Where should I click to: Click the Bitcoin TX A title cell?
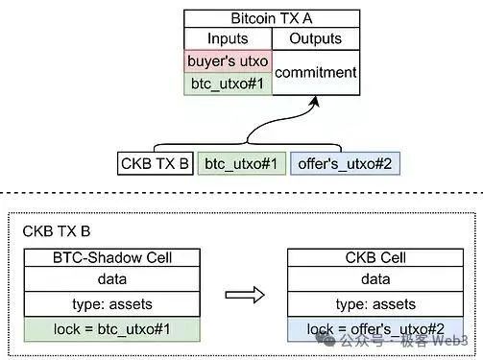(272, 18)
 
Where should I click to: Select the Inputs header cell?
(228, 38)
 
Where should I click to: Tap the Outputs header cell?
(316, 38)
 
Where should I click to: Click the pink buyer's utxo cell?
(228, 61)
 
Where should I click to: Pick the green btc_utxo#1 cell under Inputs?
(228, 84)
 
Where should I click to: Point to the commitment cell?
(316, 73)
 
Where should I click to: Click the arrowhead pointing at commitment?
(315, 101)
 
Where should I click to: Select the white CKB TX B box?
(156, 163)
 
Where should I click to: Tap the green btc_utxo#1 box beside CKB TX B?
(242, 163)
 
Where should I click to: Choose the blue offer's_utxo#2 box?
(345, 163)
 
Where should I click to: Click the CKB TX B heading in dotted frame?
(57, 231)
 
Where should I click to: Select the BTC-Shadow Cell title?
(112, 257)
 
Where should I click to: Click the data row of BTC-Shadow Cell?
(112, 279)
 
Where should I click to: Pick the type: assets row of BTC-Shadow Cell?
(112, 304)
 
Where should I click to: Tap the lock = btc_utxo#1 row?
(112, 329)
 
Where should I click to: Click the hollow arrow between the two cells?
(245, 295)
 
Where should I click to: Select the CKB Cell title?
(375, 257)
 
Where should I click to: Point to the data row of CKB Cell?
(375, 279)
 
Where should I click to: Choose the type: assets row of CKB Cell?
(375, 304)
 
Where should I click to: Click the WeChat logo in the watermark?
(326, 340)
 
